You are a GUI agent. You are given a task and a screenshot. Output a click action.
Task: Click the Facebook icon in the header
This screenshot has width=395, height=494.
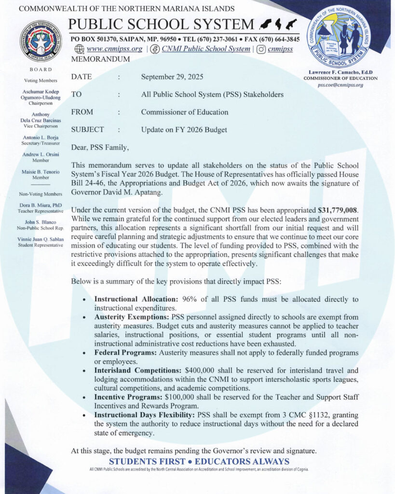(x=155, y=49)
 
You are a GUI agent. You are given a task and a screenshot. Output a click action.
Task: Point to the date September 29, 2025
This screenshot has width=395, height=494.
(x=172, y=77)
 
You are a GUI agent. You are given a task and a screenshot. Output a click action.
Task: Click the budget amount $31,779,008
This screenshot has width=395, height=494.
(x=338, y=210)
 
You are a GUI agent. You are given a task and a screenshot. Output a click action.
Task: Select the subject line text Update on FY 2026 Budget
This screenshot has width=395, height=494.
(x=184, y=129)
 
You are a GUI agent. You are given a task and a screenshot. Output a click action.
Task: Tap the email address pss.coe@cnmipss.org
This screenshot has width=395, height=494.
(x=341, y=85)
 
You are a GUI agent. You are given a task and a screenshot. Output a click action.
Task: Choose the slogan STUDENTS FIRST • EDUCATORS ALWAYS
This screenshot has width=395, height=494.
(x=199, y=462)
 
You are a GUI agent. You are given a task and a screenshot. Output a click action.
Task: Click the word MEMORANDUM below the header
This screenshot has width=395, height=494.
(x=100, y=59)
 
